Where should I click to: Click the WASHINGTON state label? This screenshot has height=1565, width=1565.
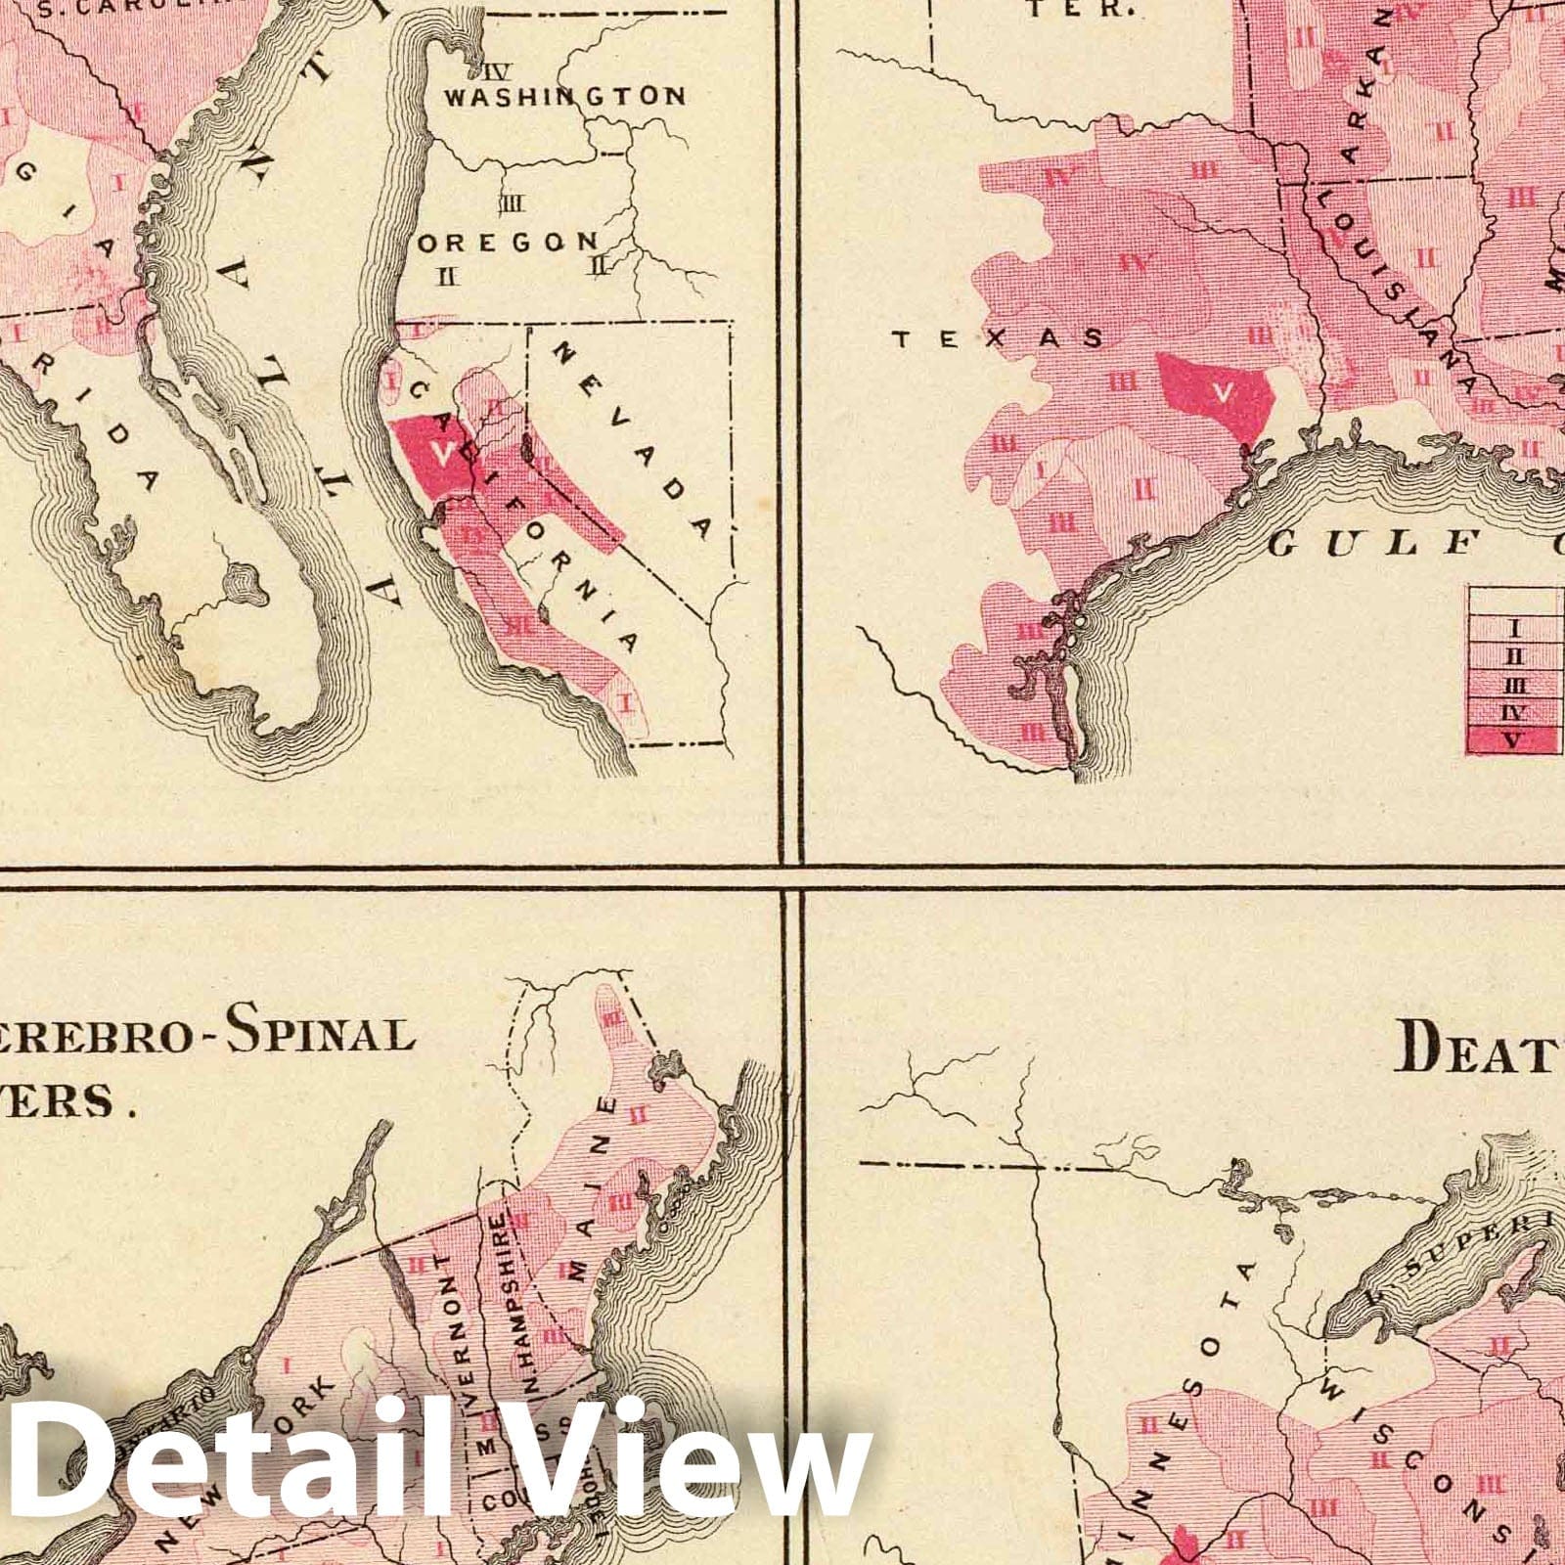564,96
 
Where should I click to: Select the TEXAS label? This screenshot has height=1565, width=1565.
998,338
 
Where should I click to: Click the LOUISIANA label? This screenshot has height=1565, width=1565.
1390,284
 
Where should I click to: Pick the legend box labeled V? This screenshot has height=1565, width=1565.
1513,739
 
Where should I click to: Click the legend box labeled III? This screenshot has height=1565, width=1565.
1513,685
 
